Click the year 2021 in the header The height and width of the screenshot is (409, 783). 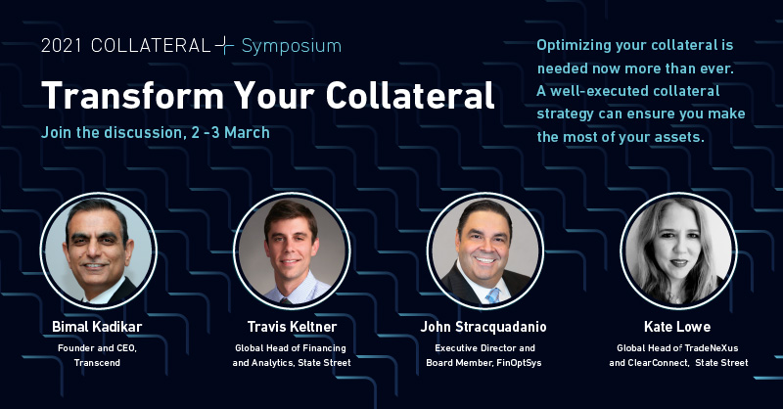click(x=60, y=46)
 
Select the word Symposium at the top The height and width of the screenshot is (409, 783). click(x=292, y=46)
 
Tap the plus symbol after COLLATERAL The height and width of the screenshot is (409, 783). click(x=225, y=46)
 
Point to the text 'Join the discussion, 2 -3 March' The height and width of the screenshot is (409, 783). click(x=156, y=131)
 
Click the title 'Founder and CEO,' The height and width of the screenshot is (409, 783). click(x=97, y=347)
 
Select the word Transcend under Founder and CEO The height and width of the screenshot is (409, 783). click(x=97, y=362)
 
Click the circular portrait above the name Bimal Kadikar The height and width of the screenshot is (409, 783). click(x=97, y=250)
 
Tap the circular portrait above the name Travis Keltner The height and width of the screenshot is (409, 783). click(x=291, y=250)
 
